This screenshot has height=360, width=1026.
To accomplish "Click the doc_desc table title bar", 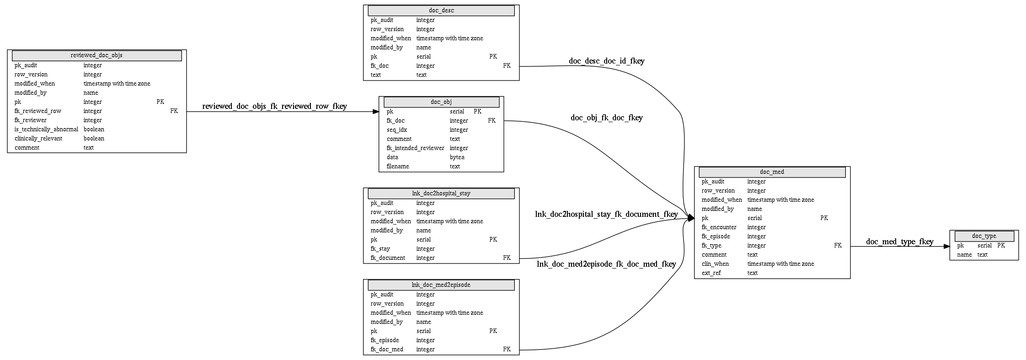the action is (x=441, y=11).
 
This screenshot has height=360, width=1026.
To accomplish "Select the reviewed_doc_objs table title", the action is (x=96, y=55).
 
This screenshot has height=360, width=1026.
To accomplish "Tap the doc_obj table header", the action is (x=441, y=102).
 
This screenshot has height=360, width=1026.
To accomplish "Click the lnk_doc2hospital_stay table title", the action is (x=441, y=193).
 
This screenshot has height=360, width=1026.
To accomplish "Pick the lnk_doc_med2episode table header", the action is (x=441, y=285).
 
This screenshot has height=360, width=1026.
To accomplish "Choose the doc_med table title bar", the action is (x=772, y=172).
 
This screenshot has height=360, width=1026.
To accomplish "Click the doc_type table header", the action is (x=984, y=236).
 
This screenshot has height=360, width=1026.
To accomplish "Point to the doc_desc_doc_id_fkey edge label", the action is (x=607, y=61).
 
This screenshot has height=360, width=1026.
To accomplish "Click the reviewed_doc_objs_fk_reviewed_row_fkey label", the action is (x=274, y=106).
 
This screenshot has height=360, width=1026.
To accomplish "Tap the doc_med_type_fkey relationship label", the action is (x=900, y=242).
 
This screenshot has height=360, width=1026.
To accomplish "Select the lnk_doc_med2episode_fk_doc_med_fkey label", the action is (x=606, y=264).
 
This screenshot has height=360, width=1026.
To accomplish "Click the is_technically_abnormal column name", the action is (x=46, y=129).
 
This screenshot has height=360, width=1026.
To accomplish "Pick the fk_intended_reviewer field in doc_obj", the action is (x=415, y=148).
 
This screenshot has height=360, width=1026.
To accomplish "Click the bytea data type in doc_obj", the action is (x=457, y=157).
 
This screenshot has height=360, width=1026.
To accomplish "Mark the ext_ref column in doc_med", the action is (x=711, y=273).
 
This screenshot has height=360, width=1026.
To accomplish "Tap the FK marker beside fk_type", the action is (x=838, y=246).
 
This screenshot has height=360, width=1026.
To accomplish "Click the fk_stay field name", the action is (x=380, y=249).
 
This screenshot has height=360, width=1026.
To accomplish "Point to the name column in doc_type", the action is (x=965, y=255).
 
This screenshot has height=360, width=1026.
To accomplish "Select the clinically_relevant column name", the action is (x=38, y=139).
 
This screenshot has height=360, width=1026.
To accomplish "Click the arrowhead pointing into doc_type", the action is (x=946, y=247).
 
